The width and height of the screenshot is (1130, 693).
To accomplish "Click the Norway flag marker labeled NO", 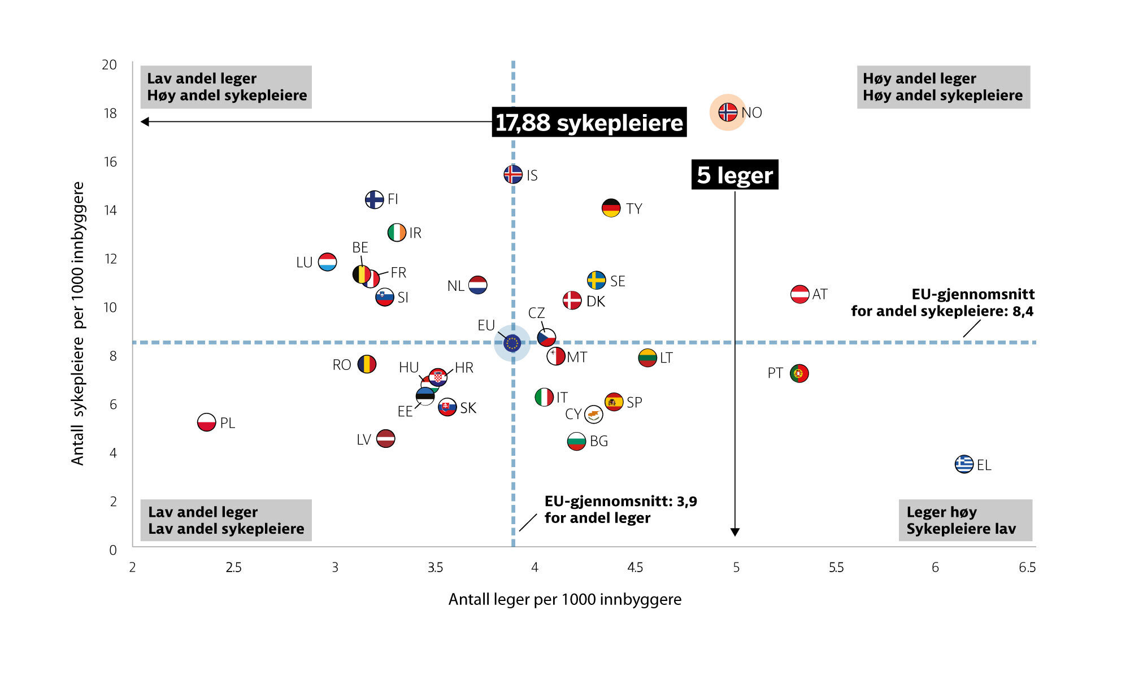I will tap(728, 112).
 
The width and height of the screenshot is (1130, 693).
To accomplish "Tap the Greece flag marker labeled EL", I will tap(964, 464).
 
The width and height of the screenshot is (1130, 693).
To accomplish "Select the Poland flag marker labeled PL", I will tap(206, 422).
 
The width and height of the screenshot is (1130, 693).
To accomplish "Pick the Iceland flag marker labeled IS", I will tap(513, 174).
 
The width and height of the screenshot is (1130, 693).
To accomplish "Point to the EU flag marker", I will tap(512, 343).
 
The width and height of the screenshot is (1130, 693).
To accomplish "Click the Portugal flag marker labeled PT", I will tap(799, 373).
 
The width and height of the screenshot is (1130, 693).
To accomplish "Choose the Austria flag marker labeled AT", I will tap(799, 294).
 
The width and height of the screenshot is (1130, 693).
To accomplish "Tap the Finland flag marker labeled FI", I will tap(374, 199).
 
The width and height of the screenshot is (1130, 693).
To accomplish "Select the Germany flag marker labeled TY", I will tap(611, 208).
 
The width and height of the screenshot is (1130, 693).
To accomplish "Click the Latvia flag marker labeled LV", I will tap(385, 438).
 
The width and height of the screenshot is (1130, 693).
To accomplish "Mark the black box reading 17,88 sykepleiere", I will tap(589, 123).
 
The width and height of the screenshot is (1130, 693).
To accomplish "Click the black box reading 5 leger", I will tap(734, 175).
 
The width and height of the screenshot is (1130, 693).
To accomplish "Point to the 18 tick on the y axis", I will tap(110, 114).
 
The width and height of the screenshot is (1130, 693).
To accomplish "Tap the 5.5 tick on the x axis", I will tap(836, 568).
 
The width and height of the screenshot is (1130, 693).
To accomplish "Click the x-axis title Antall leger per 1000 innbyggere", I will tap(564, 599).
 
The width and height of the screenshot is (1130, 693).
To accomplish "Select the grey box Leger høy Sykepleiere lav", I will tap(964, 520).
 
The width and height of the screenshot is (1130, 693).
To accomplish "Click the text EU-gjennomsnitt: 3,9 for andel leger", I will tap(620, 509).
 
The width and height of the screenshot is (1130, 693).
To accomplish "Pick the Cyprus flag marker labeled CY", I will tap(593, 415).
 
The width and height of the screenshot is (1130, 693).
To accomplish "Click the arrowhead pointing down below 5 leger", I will tap(734, 532).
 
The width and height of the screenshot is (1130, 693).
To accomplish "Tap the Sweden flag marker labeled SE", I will tap(596, 280).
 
